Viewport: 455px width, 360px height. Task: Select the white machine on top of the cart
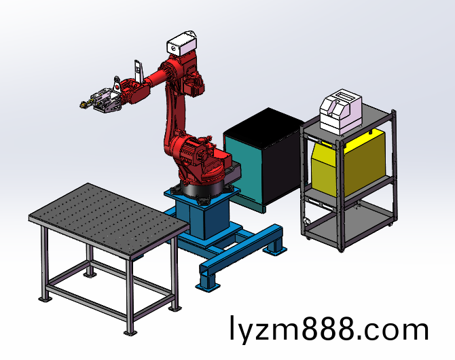coord(341,111)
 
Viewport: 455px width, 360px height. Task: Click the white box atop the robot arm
coord(182,43)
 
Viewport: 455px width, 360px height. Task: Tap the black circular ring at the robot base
coord(203,190)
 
